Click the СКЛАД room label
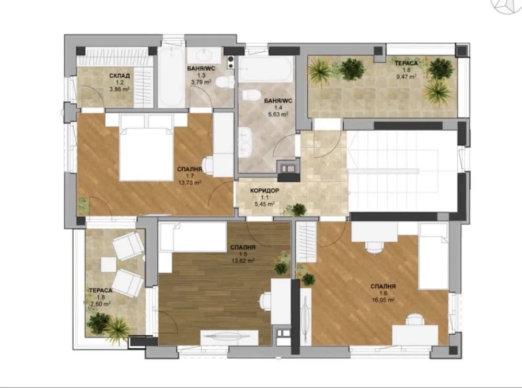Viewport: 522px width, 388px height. pos(119,76)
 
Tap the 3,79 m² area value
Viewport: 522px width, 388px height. pos(201,82)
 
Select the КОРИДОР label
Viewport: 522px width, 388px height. pos(264,191)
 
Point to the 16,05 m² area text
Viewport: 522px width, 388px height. pos(383,300)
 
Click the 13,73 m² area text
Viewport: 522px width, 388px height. pos(190,183)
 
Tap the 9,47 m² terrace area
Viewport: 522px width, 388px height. pos(406,77)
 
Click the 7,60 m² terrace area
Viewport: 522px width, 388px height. pos(100,304)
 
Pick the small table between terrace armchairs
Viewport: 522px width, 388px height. pos(108,265)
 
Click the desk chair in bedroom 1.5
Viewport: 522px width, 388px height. pos(265,301)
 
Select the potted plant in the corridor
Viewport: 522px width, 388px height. pos(297,209)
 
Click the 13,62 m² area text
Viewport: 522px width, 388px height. pos(243,261)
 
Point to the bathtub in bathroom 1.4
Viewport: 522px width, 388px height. pos(266,69)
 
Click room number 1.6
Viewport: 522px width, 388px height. pos(383,293)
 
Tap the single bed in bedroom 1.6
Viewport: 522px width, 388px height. pos(433,256)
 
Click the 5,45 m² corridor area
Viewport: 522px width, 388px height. pos(264,204)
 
